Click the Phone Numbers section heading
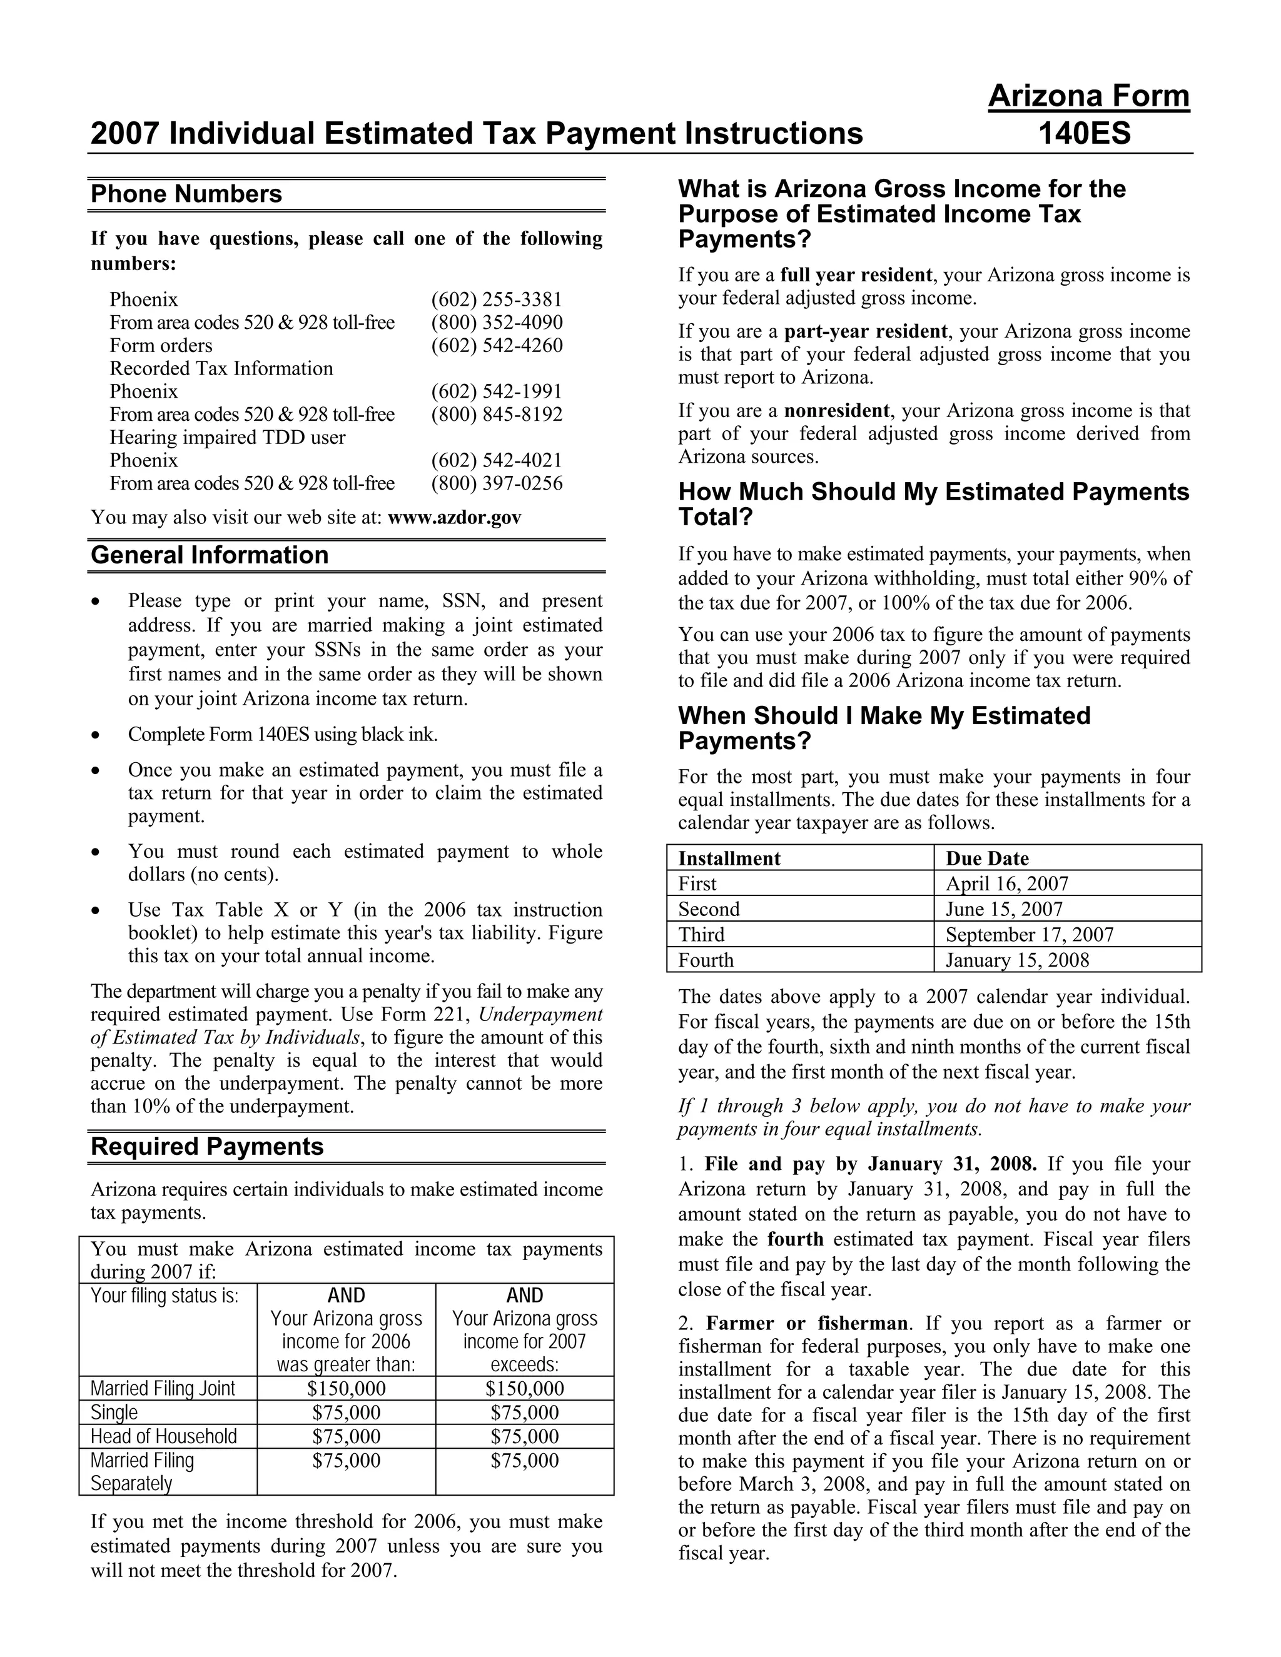pos(186,194)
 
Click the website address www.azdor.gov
pos(454,518)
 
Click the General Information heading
pos(210,555)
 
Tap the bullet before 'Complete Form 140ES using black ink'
pos(95,735)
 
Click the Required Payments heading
pos(206,1146)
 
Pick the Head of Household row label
pos(163,1436)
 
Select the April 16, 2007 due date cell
pos(1006,884)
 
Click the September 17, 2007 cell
pos(1029,935)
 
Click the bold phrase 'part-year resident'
pos(865,331)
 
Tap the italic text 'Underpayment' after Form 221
pos(540,1015)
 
